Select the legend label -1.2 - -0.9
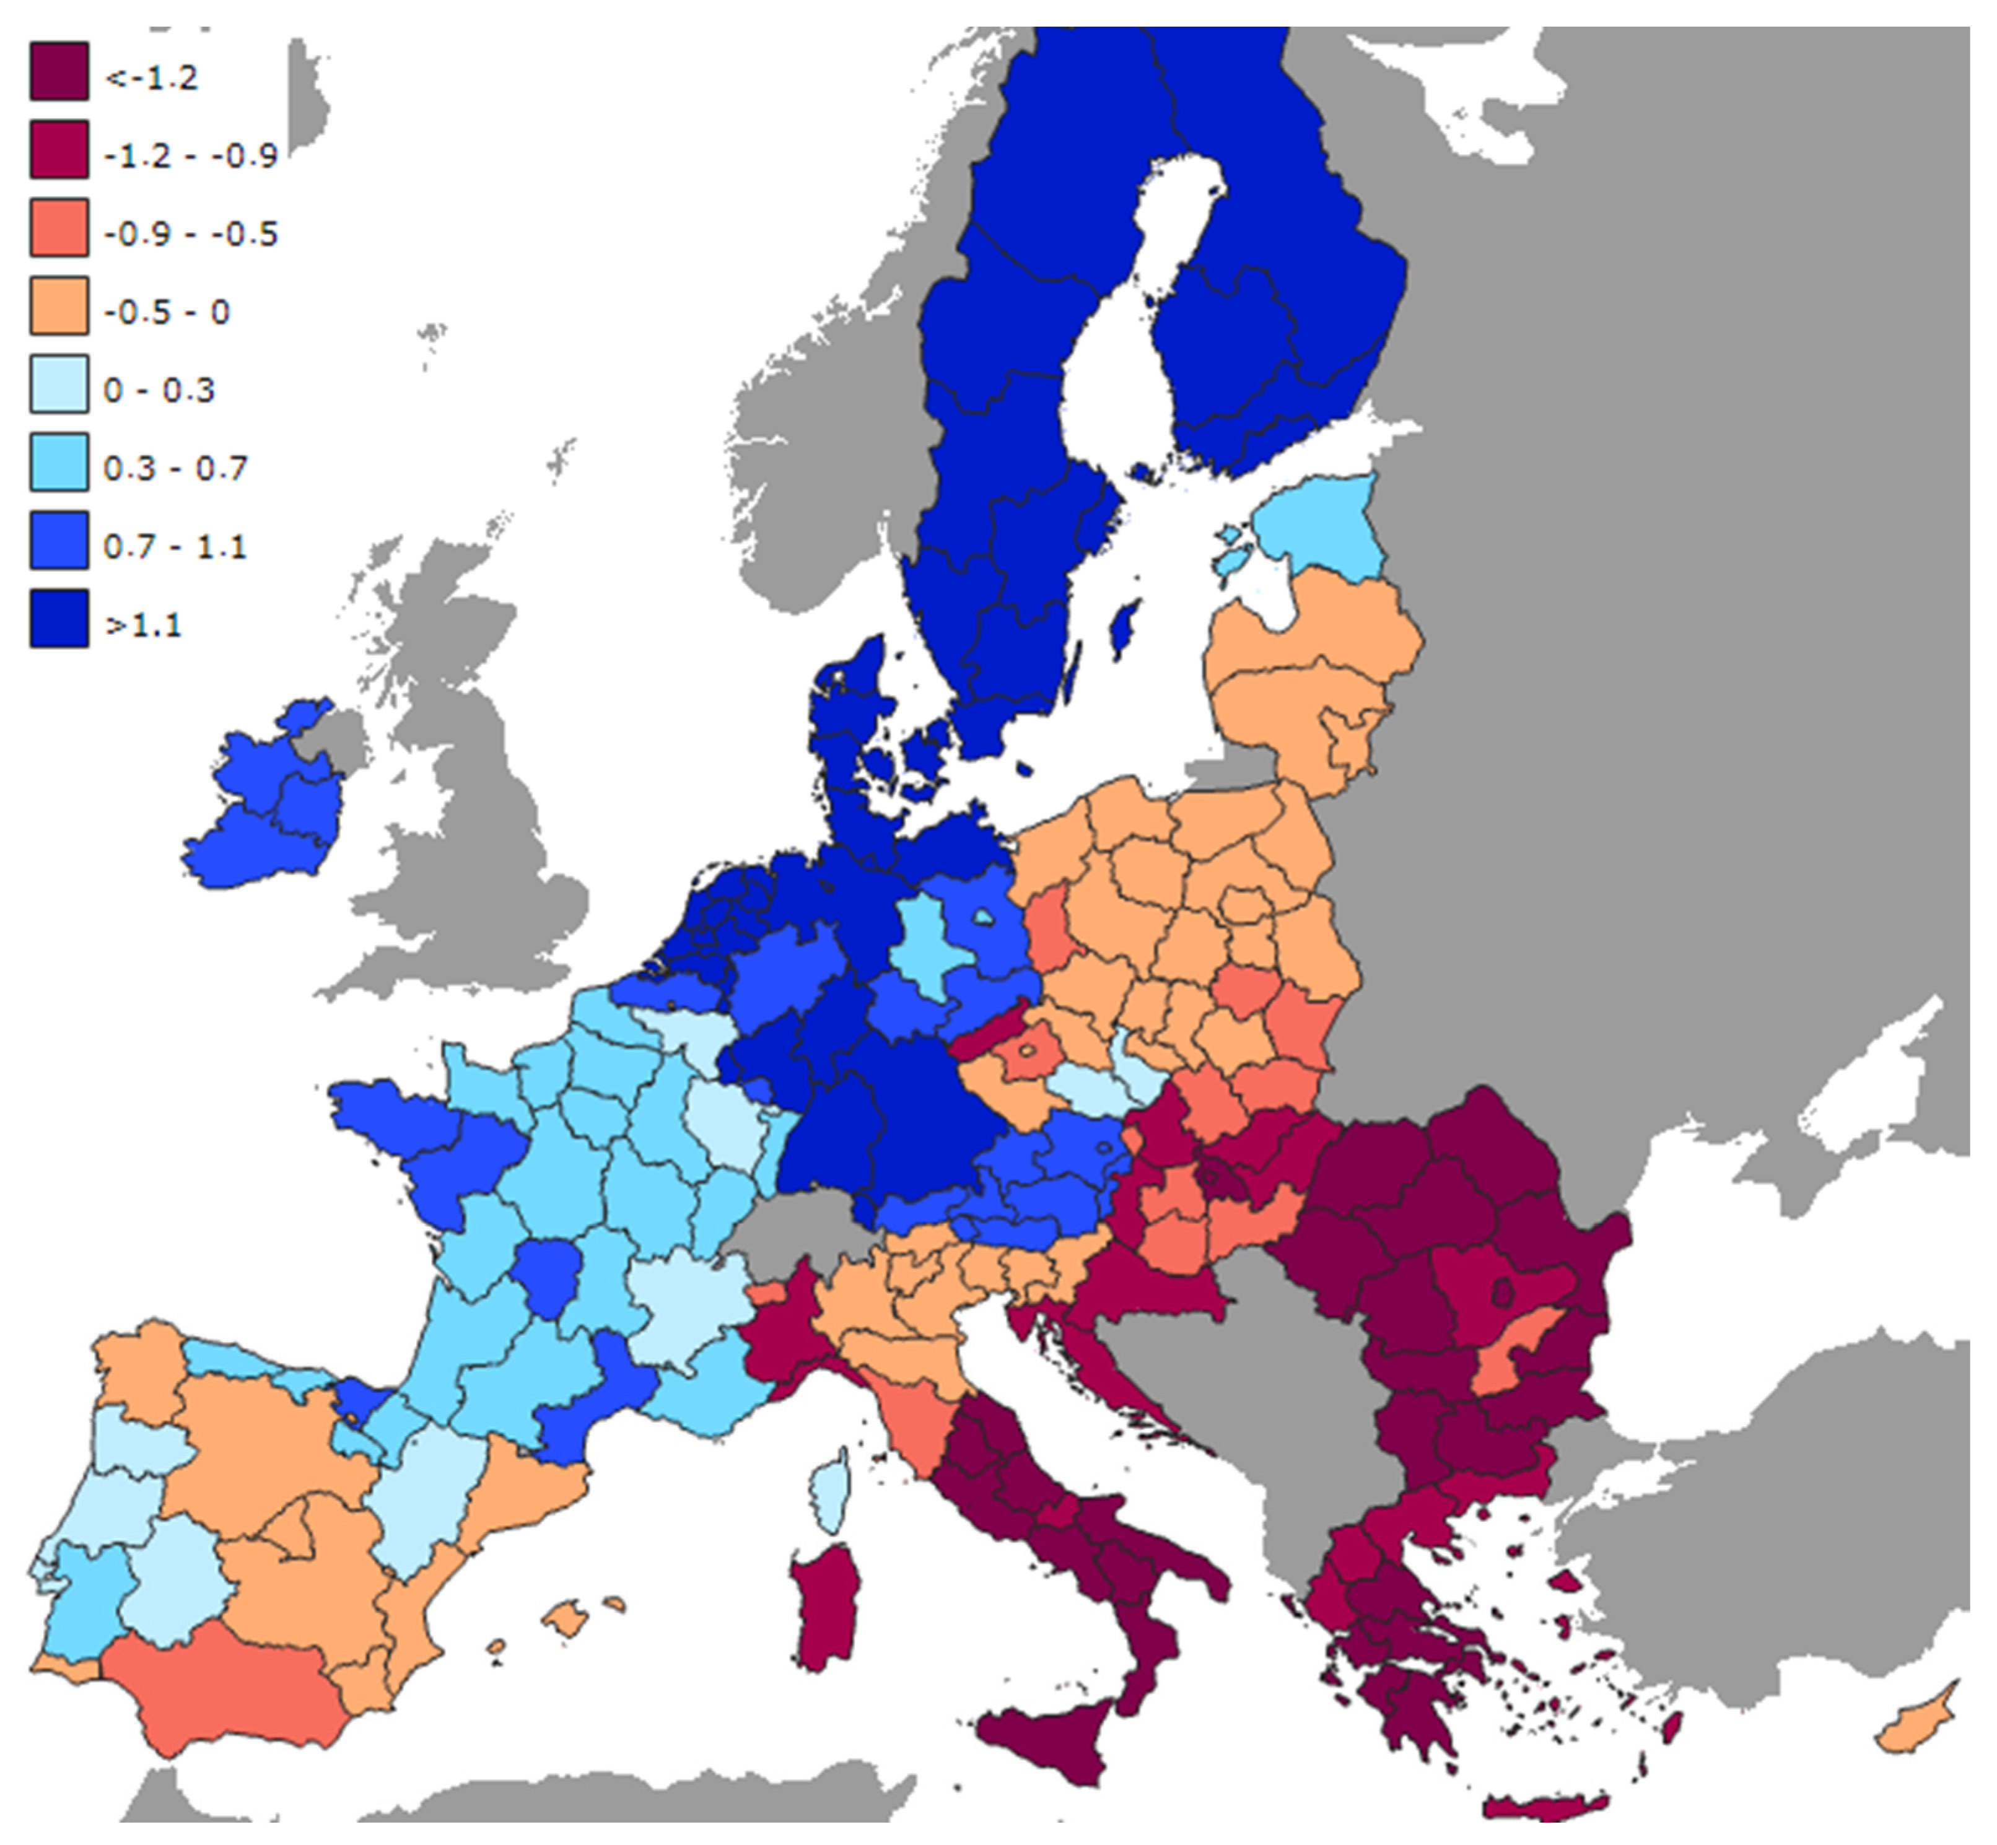pos(190,155)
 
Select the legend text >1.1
pos(143,624)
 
